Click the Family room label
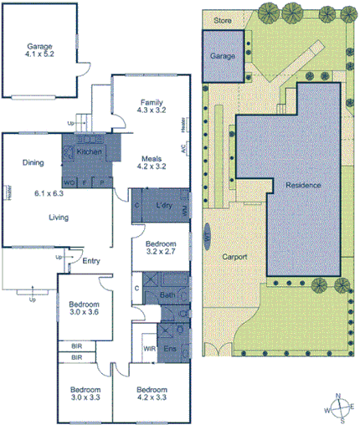tap(152, 102)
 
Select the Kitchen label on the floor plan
tap(89, 153)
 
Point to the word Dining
tap(33, 163)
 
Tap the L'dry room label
tap(164, 205)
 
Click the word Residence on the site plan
tap(302, 184)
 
